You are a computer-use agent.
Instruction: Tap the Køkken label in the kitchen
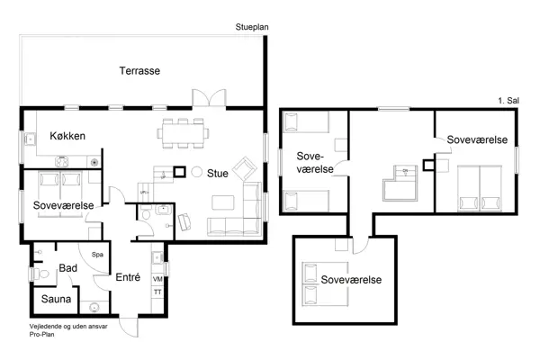point(67,136)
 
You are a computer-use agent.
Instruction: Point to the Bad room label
point(67,268)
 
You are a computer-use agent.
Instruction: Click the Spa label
point(98,255)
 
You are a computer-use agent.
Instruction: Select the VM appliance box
point(157,280)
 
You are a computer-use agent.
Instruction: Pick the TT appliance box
point(157,292)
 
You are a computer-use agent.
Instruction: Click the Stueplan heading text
point(251,27)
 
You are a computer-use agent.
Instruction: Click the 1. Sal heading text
point(508,100)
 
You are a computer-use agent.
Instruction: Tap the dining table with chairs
point(184,134)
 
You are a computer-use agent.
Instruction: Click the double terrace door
point(207,98)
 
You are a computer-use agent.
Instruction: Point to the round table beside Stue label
point(196,173)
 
